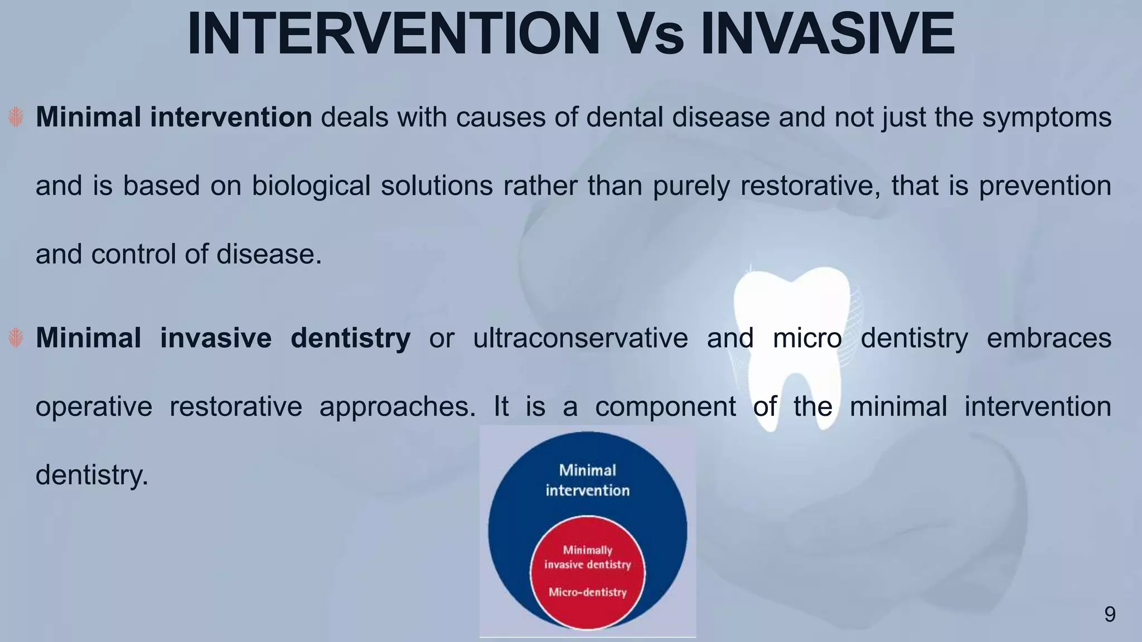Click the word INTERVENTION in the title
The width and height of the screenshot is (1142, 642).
[393, 35]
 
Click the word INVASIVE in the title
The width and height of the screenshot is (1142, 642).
[828, 35]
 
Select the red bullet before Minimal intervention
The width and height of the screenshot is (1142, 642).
[16, 117]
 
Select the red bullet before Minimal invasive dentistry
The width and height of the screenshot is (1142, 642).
[16, 338]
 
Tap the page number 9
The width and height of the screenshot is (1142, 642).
[1110, 614]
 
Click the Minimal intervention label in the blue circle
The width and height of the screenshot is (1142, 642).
[587, 480]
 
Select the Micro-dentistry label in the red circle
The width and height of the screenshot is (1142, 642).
[587, 592]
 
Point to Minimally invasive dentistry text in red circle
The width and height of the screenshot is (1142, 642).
[587, 557]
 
